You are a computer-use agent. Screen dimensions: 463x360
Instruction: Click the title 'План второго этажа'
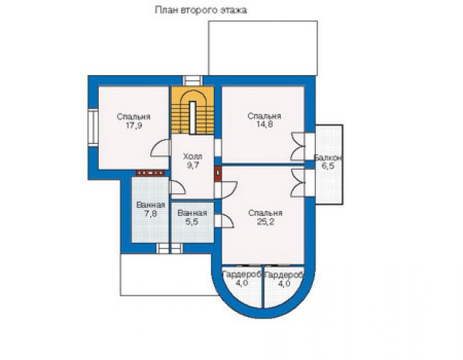(201, 11)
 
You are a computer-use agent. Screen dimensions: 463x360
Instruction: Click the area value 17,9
(134, 125)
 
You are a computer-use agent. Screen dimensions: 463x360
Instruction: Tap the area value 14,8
(265, 125)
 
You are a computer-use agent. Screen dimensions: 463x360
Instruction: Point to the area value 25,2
(265, 222)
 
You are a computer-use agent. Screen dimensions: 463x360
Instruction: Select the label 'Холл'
(193, 157)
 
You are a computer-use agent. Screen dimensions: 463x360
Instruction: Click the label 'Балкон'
(328, 158)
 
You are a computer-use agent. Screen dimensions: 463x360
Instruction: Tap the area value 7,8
(151, 213)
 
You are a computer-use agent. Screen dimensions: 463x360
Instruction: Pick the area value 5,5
(192, 222)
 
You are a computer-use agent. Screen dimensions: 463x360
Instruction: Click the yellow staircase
(193, 110)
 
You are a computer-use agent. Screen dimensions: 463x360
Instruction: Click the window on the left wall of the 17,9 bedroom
(93, 127)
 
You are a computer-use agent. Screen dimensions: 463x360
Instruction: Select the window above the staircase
(193, 81)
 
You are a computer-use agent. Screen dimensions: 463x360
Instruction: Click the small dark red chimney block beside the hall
(218, 173)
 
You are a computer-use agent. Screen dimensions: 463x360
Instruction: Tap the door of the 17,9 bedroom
(160, 148)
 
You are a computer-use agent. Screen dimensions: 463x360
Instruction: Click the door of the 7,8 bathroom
(178, 188)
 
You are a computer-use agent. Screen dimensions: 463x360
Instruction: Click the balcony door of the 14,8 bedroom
(298, 147)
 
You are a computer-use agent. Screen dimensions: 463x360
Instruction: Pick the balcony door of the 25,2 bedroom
(298, 183)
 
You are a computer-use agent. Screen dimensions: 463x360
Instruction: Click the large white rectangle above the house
(263, 48)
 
